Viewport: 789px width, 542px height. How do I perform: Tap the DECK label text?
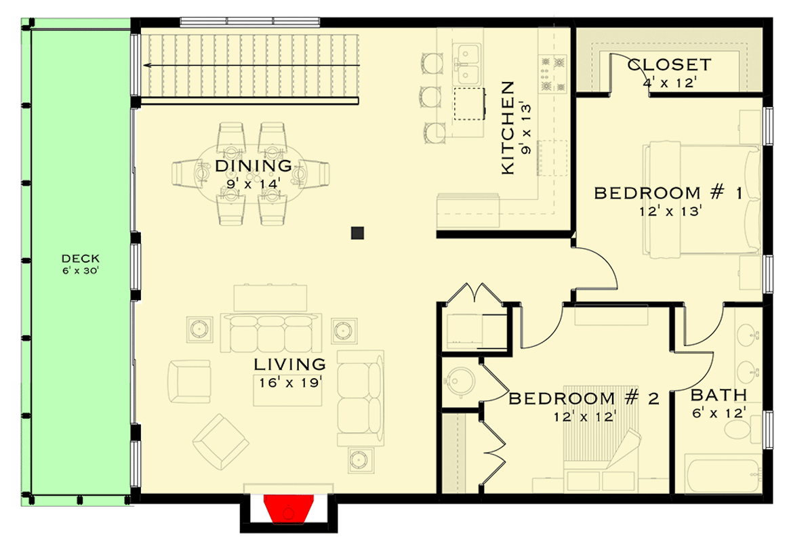[81, 258]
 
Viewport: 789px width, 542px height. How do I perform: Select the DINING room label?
[254, 165]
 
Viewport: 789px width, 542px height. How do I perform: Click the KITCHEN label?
[508, 128]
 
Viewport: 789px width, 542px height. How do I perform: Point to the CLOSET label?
[668, 65]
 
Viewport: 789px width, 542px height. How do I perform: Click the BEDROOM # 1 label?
[668, 194]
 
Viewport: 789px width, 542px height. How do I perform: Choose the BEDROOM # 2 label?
[583, 398]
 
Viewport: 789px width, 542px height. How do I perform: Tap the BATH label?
[719, 395]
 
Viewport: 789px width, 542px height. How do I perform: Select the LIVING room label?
[289, 364]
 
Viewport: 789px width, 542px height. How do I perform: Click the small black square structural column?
[358, 233]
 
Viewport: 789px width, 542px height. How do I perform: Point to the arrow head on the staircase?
[147, 66]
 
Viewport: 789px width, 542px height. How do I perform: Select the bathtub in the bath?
[723, 477]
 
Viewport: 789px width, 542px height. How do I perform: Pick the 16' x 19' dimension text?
[289, 382]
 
